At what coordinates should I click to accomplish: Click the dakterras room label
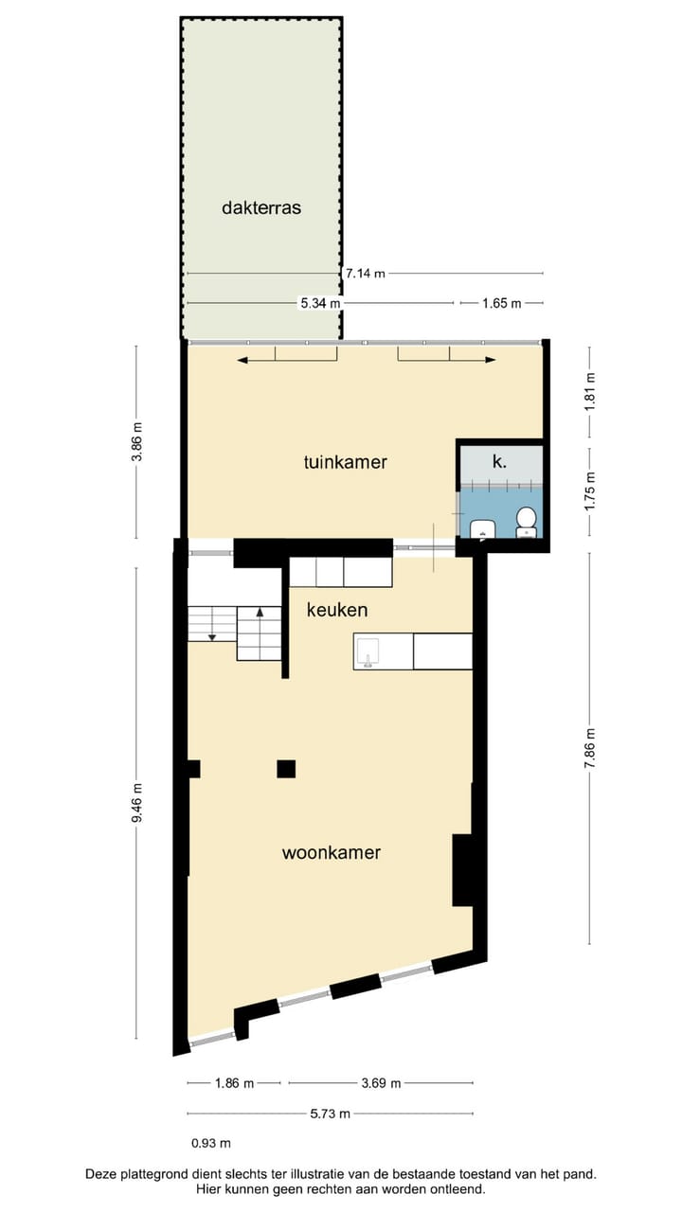tap(261, 207)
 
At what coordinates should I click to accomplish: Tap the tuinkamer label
tap(346, 462)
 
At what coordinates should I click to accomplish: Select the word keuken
tap(336, 611)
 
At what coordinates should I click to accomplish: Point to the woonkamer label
tap(332, 852)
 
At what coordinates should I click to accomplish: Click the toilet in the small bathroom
tap(526, 521)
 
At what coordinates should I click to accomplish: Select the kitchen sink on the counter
tap(368, 651)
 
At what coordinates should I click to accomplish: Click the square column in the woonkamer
tap(286, 769)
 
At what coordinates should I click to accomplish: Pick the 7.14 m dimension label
tap(365, 274)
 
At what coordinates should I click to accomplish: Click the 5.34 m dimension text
tap(319, 303)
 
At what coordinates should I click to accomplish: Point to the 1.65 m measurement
tap(501, 303)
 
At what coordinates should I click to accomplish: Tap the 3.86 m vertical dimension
tap(136, 441)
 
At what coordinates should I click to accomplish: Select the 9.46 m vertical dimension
tap(136, 802)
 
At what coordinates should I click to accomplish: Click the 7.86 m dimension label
tap(590, 748)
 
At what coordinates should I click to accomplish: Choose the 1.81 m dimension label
tap(590, 387)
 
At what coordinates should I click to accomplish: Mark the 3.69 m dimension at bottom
tap(381, 1083)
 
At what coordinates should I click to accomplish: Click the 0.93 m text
tap(211, 1144)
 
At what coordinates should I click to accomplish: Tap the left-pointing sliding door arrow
tap(244, 360)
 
